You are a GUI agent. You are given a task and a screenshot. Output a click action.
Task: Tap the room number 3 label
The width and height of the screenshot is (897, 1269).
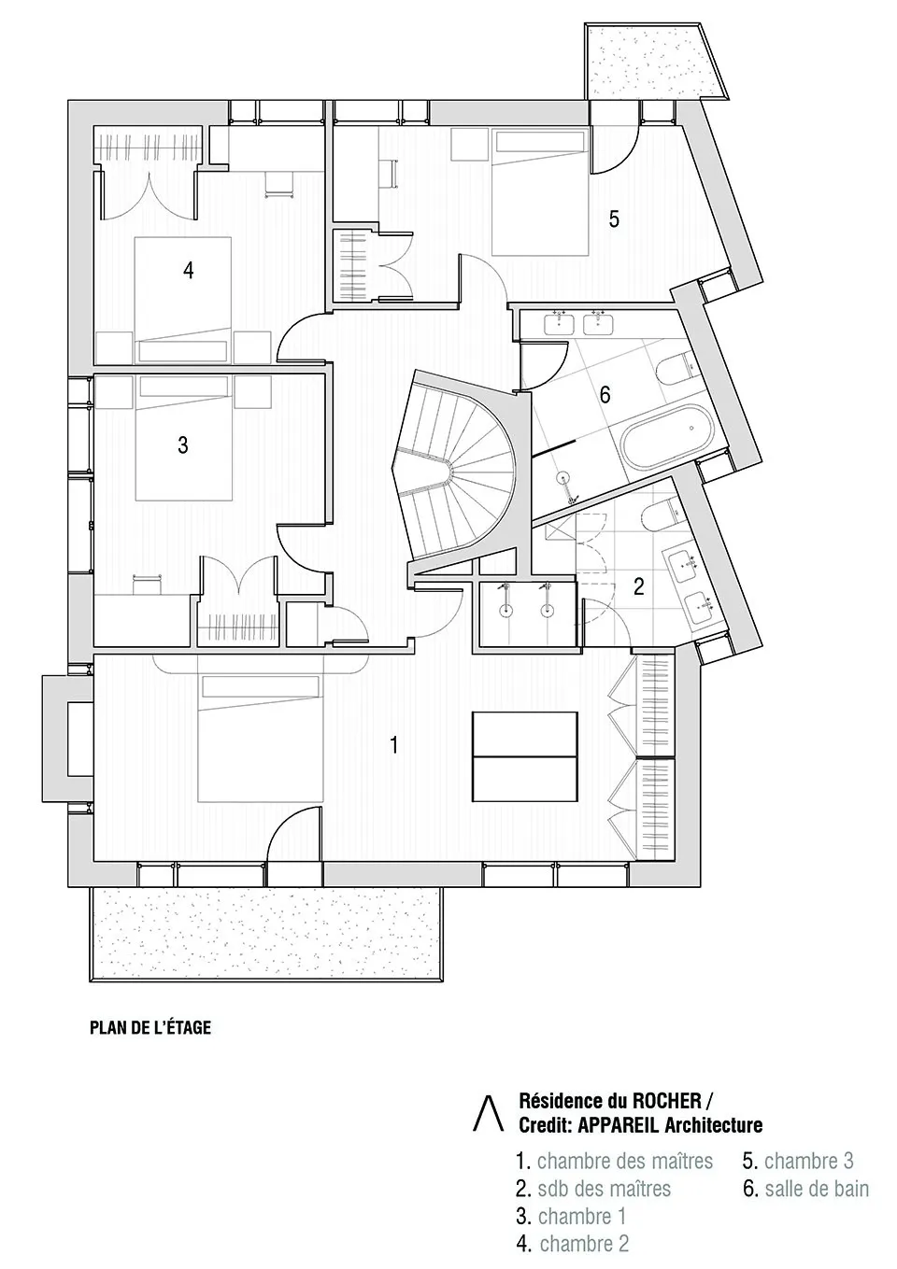point(182,444)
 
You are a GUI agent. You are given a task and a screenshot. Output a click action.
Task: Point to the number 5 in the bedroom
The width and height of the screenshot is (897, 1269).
point(614,219)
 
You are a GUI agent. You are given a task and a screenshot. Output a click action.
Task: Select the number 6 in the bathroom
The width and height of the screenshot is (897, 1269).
point(605,395)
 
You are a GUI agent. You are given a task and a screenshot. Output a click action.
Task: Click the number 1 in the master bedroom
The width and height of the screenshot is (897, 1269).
point(394,744)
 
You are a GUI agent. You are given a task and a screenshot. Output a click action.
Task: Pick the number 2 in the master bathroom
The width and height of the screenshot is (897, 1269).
point(638,587)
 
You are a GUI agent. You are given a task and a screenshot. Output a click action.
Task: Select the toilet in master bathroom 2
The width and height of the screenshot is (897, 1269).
point(662,514)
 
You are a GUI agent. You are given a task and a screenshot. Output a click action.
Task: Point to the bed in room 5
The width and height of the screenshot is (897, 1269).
point(540,192)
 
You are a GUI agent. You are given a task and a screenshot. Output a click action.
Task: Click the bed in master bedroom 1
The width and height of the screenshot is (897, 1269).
point(259,739)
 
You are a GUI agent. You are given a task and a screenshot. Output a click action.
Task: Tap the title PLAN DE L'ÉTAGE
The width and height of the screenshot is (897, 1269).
point(150,1028)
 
